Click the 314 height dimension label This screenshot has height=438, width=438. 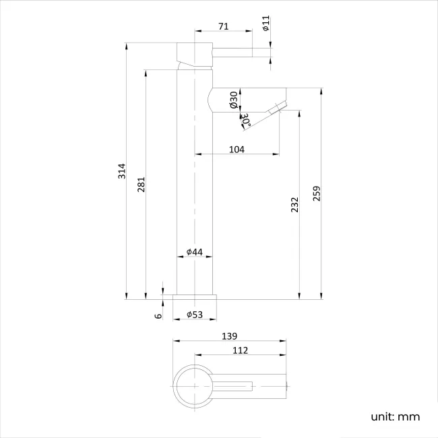pyautogui.click(x=122, y=171)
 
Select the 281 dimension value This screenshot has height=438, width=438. pyautogui.click(x=141, y=185)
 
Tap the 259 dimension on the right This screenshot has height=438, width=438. pyautogui.click(x=316, y=193)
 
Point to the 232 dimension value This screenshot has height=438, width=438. pyautogui.click(x=294, y=205)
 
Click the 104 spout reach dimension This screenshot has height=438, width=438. pyautogui.click(x=237, y=149)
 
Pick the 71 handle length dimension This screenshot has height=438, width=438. pyautogui.click(x=223, y=26)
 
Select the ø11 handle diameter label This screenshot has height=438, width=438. pyautogui.click(x=266, y=24)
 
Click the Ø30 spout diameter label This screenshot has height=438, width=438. pyautogui.click(x=233, y=100)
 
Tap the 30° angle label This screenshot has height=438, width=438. pyautogui.click(x=246, y=121)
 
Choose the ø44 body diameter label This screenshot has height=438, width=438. pyautogui.click(x=194, y=252)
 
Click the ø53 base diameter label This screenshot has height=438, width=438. pyautogui.click(x=195, y=315)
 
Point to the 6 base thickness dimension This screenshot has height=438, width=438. pyautogui.click(x=158, y=315)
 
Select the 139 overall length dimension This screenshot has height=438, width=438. pyautogui.click(x=229, y=336)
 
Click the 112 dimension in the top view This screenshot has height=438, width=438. pyautogui.click(x=241, y=350)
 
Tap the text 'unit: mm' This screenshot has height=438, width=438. pyautogui.click(x=395, y=416)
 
